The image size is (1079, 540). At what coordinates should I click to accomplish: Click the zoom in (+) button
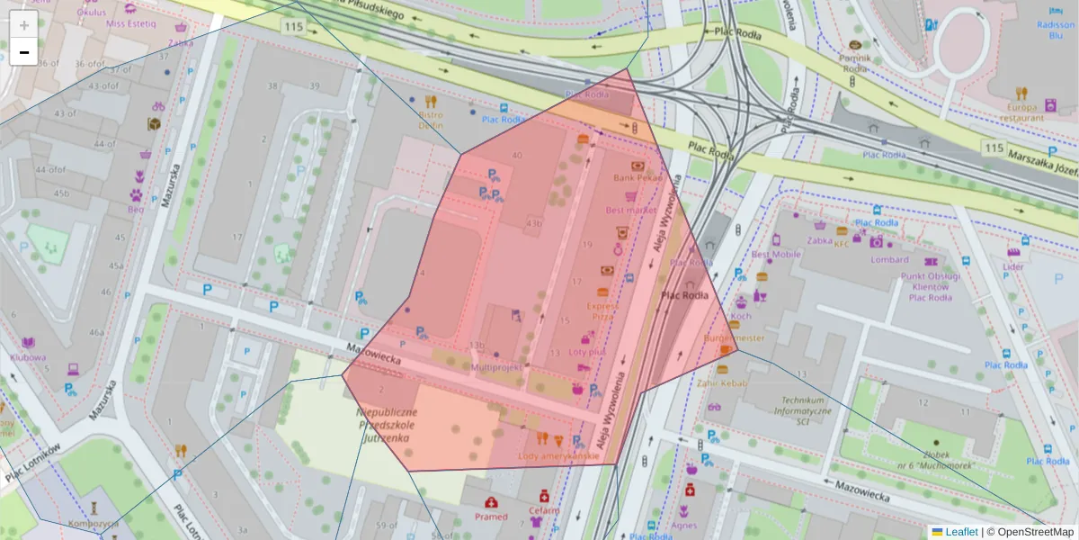tap(24, 25)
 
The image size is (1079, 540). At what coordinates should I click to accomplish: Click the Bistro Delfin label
tap(431, 120)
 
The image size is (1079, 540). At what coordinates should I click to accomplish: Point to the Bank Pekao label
tap(637, 178)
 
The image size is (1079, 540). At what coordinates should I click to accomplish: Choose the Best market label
tap(631, 210)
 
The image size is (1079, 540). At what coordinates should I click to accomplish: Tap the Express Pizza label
tap(602, 310)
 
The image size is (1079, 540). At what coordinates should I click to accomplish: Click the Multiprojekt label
tap(497, 368)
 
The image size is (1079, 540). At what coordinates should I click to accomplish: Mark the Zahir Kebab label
tap(722, 382)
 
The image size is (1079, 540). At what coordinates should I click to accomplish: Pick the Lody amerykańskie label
tap(558, 456)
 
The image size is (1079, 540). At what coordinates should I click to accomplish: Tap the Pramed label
tap(491, 517)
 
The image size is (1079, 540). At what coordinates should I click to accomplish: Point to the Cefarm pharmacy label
tap(544, 510)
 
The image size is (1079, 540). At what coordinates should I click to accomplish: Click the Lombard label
tap(889, 259)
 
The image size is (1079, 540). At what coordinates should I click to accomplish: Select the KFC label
tap(842, 243)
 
